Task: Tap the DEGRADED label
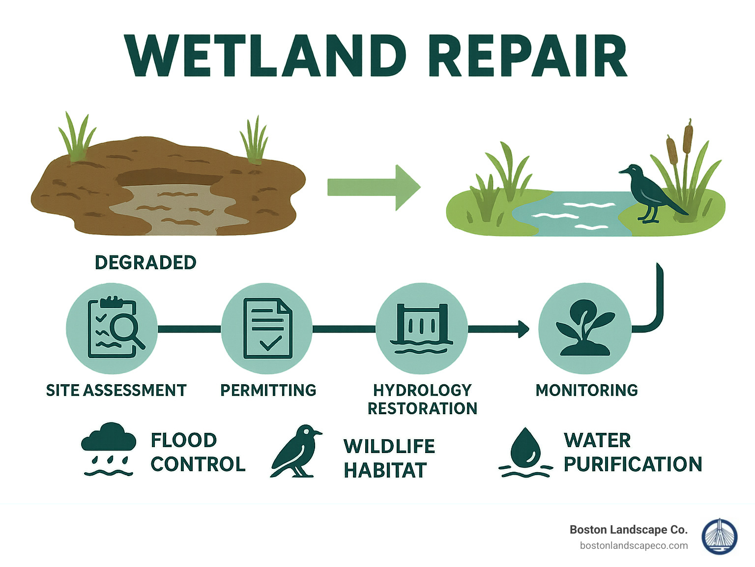(x=145, y=262)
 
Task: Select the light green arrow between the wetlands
(x=374, y=187)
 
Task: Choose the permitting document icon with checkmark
(x=267, y=328)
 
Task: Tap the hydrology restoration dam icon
(x=422, y=328)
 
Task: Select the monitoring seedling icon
(x=584, y=328)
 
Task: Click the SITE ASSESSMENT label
(x=116, y=390)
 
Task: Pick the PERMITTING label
(x=268, y=390)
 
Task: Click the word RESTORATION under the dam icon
(x=423, y=408)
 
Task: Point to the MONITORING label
(x=587, y=390)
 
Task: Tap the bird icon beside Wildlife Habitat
(x=296, y=451)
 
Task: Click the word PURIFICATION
(x=633, y=464)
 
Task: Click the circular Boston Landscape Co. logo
(x=720, y=537)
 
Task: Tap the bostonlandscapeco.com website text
(x=634, y=545)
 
